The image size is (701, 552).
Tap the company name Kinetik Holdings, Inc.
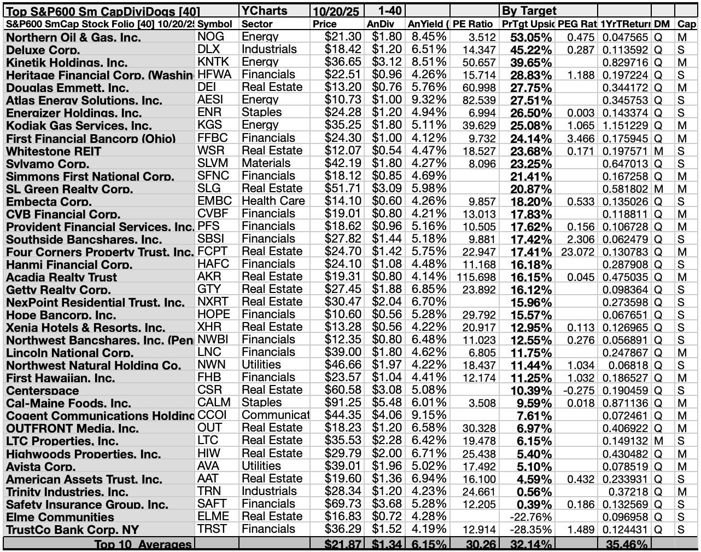point(67,62)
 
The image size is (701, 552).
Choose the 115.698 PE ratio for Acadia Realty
point(476,277)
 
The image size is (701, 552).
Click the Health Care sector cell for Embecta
point(273,201)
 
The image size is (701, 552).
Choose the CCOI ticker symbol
point(212,415)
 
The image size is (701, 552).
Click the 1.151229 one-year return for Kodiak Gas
point(624,125)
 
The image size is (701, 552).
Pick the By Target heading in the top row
point(529,10)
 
